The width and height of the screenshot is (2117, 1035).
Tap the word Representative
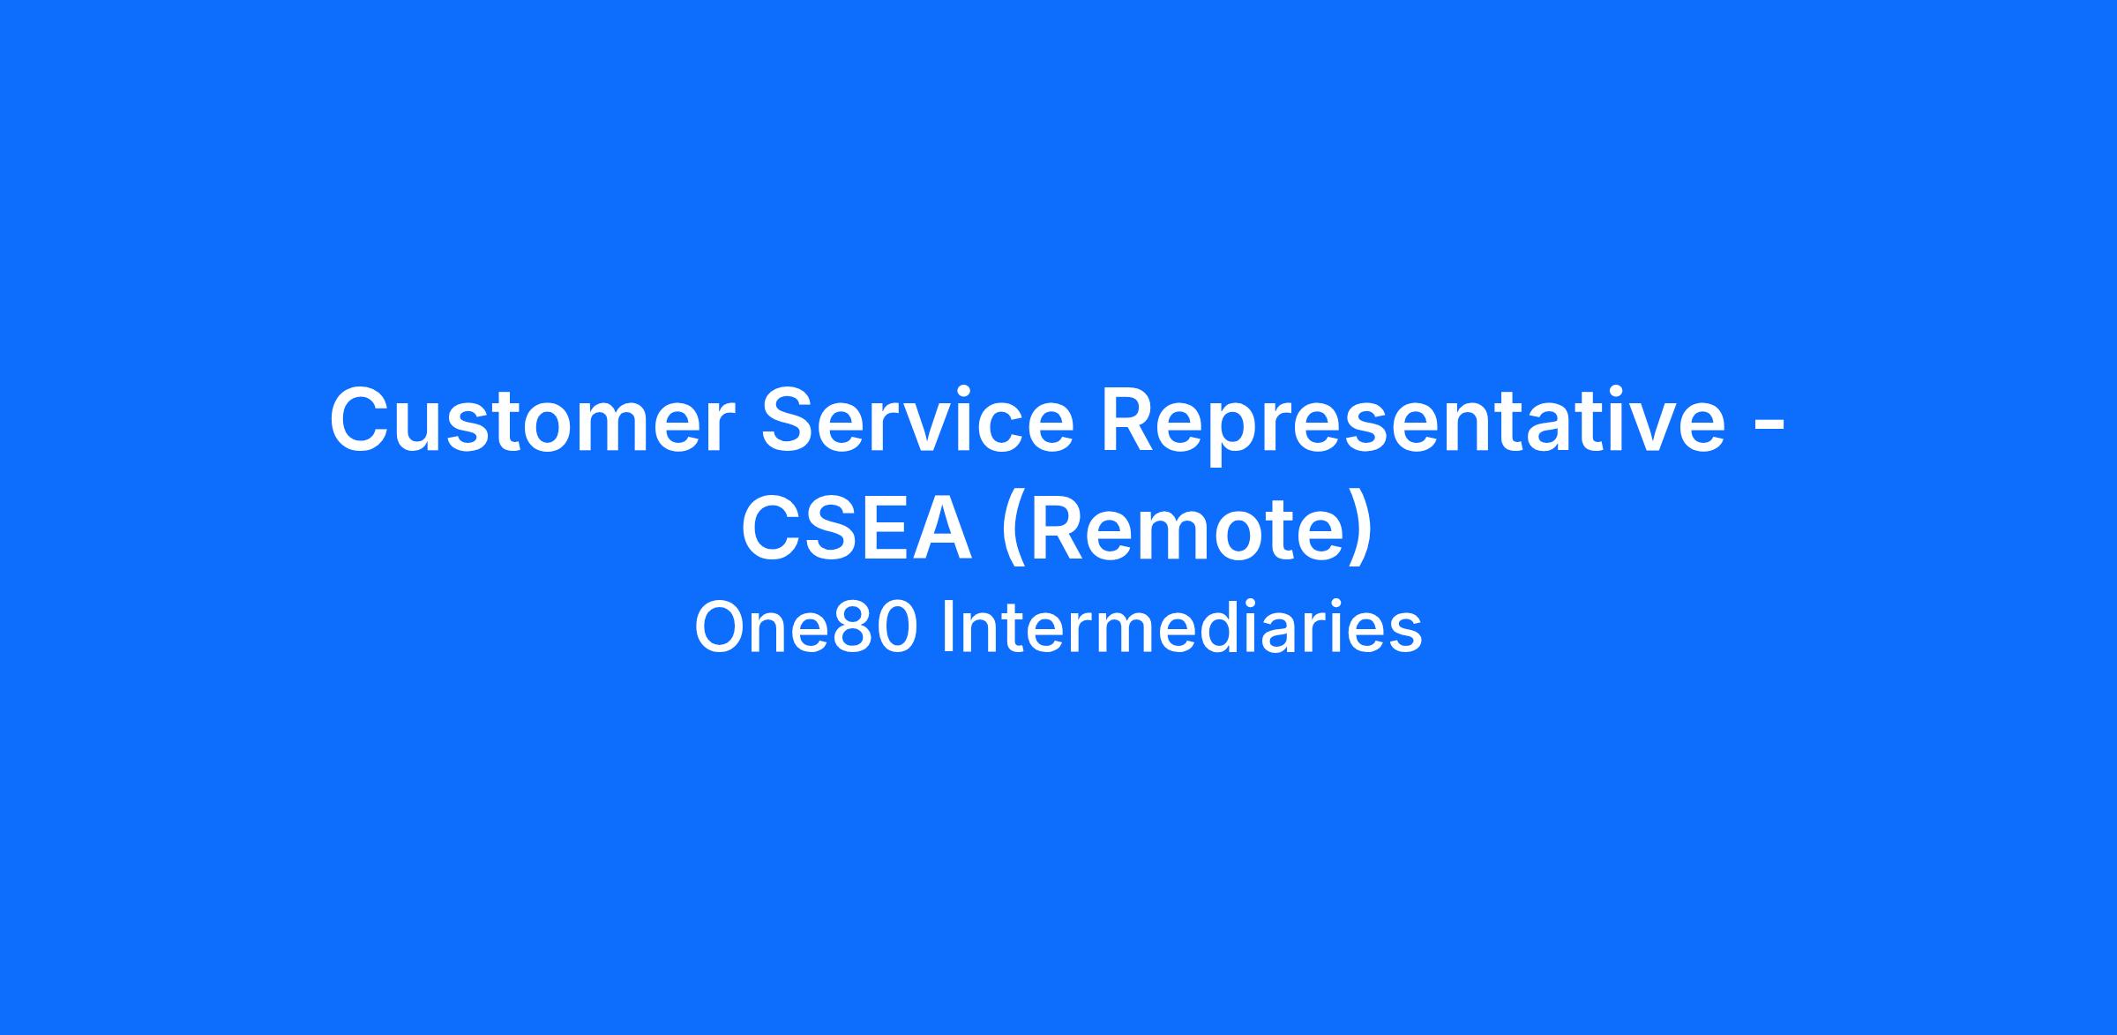tap(1411, 425)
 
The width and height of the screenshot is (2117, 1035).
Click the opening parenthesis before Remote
tap(1011, 532)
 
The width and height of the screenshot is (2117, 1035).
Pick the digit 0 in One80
tap(895, 628)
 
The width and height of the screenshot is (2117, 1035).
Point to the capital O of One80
tap(720, 628)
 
